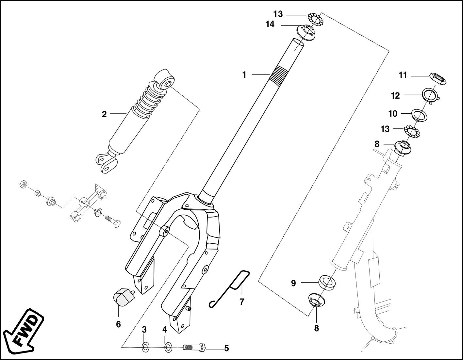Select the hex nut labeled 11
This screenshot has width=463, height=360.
(438, 79)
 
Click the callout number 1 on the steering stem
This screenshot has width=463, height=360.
(244, 75)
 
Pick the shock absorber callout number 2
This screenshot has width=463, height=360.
(104, 114)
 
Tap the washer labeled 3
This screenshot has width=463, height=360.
(145, 347)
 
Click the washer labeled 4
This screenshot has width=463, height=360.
(168, 347)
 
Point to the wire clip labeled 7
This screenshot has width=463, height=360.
(232, 287)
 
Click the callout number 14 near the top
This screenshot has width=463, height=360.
(270, 25)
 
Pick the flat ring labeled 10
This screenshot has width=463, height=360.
(419, 115)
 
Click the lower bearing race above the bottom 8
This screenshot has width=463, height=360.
(317, 300)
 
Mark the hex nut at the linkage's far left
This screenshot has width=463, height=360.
(23, 184)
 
